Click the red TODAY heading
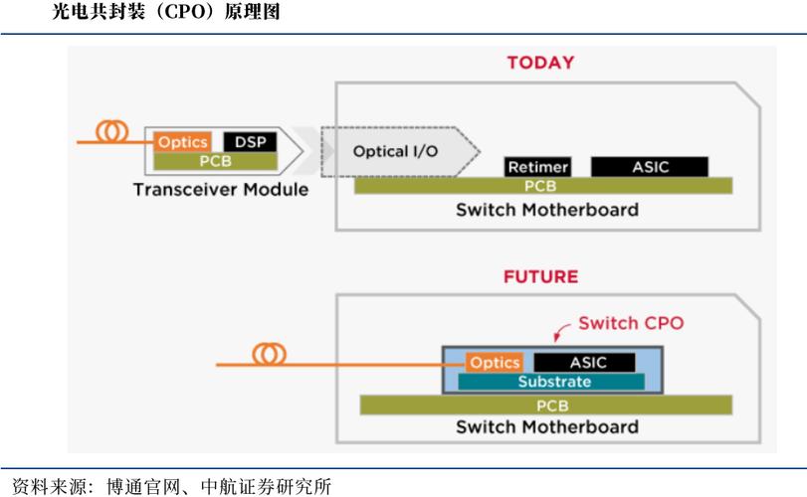tap(540, 63)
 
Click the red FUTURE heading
tap(540, 276)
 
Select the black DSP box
tap(250, 143)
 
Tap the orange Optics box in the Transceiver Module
tap(182, 143)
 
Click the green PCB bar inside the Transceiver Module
tap(216, 160)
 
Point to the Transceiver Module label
tap(221, 190)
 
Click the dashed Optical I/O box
tap(397, 152)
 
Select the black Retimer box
tap(537, 167)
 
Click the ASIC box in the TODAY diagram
tap(650, 167)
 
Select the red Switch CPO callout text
tap(631, 323)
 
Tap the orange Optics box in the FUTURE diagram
tap(495, 363)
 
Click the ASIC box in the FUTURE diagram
tap(587, 363)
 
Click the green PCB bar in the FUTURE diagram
tap(546, 406)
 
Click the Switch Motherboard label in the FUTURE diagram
tap(546, 427)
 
